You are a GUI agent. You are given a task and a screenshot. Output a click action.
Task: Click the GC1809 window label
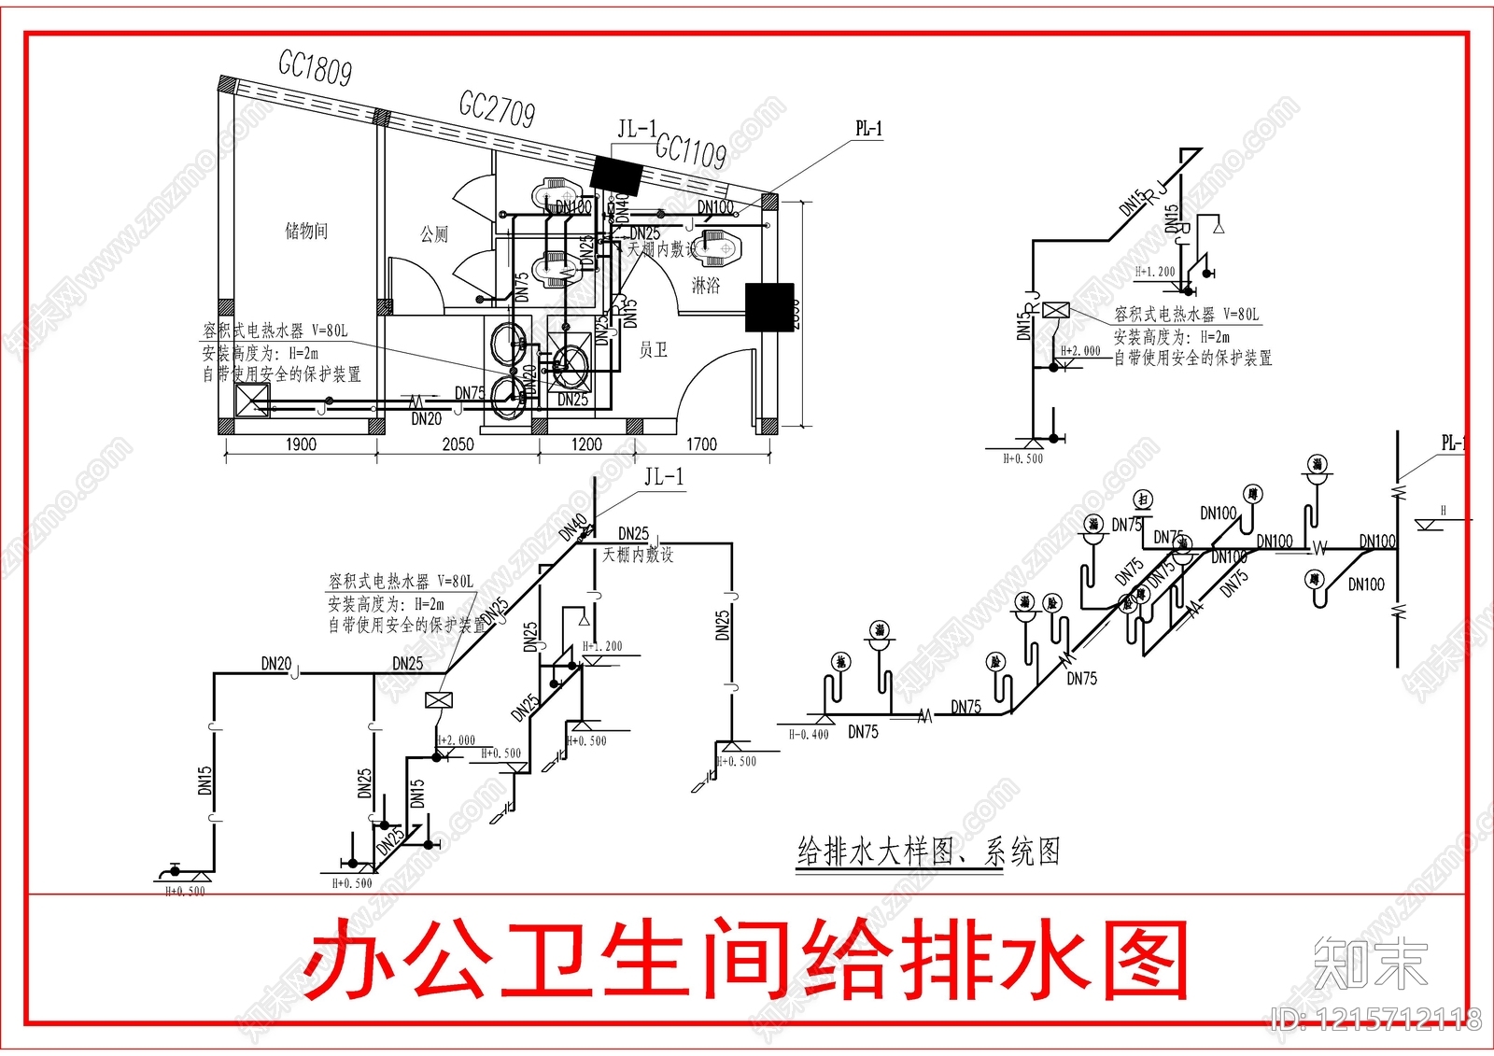click(x=316, y=68)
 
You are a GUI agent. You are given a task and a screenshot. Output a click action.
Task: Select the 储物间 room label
click(x=306, y=230)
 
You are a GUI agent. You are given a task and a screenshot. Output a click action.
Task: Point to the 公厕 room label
click(x=434, y=233)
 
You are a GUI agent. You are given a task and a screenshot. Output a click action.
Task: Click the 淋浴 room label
click(x=706, y=285)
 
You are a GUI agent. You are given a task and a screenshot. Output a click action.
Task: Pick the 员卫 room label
click(x=654, y=349)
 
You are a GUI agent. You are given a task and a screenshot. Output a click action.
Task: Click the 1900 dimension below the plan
click(x=301, y=444)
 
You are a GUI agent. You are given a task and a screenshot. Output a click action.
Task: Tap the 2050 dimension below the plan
click(x=458, y=444)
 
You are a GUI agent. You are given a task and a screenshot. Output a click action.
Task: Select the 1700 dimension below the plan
click(x=701, y=444)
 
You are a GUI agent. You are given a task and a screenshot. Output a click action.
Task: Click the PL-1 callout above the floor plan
click(x=868, y=129)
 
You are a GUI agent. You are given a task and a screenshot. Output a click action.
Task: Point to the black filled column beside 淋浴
click(x=770, y=307)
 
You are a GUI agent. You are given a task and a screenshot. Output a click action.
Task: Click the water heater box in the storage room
click(x=251, y=401)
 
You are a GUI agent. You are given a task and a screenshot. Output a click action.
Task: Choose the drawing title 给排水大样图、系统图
click(x=929, y=851)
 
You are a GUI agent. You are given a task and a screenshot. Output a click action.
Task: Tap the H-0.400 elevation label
click(x=809, y=735)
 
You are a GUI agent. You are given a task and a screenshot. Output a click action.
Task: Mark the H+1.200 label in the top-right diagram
click(x=1155, y=272)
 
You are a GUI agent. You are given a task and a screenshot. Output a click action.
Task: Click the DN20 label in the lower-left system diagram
click(x=276, y=664)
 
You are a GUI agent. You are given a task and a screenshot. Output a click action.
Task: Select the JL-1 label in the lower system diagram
click(x=664, y=477)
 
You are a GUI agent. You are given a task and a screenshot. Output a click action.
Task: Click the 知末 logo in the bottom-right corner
click(x=1371, y=963)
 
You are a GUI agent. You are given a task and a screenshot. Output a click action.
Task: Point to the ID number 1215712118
click(x=1378, y=1019)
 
